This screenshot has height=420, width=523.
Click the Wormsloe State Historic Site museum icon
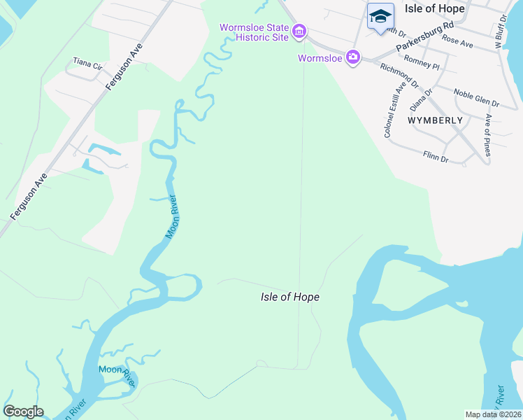tap(299, 31)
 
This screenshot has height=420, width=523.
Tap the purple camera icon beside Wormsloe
tap(353, 57)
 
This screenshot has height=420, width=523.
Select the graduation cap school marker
tap(380, 16)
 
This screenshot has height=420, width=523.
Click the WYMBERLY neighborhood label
tap(435, 120)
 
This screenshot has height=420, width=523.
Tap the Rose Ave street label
tap(457, 44)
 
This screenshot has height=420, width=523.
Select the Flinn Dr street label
tap(435, 157)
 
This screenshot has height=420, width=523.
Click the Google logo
tap(23, 412)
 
